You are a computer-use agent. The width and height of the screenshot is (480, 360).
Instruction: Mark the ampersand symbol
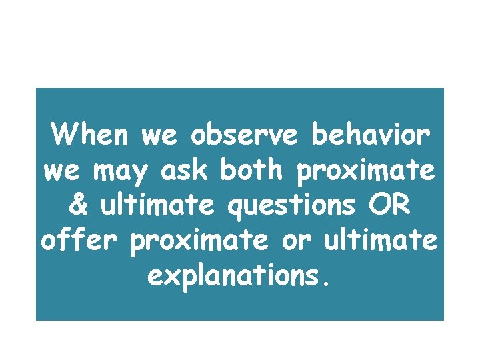78,205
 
